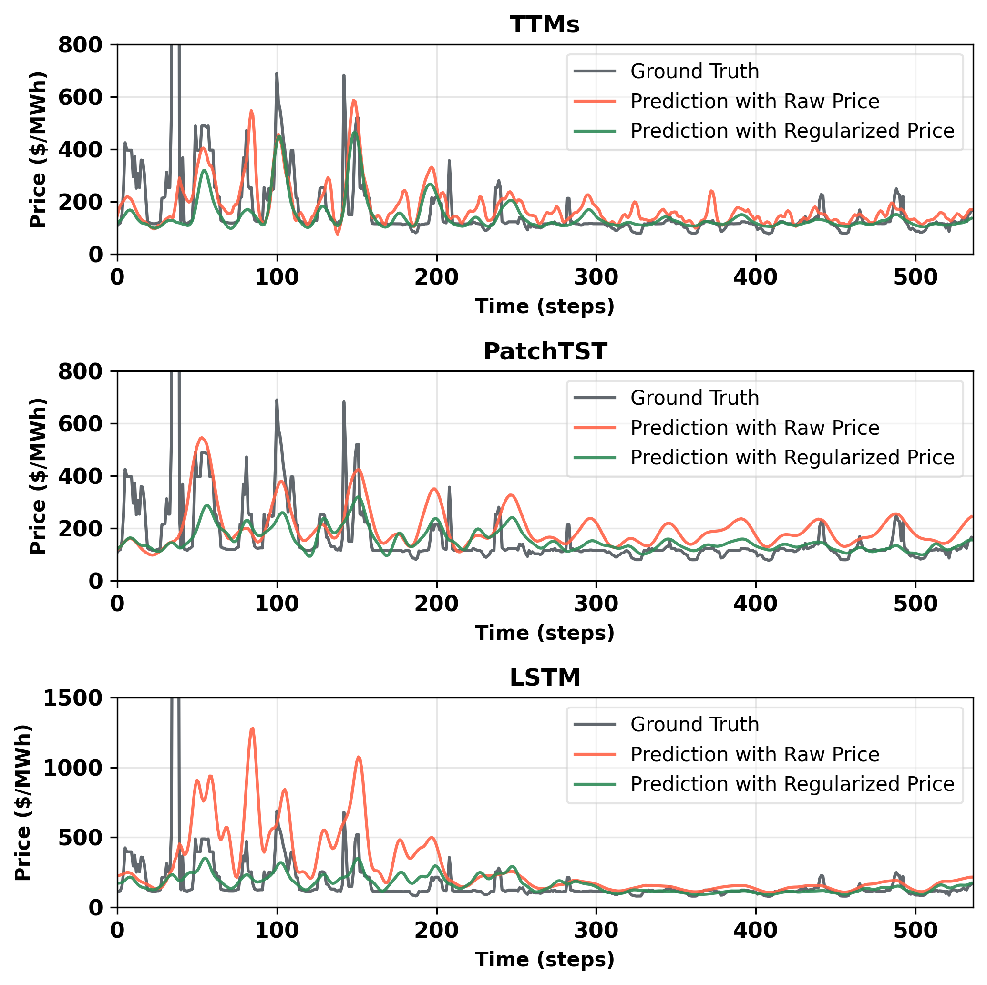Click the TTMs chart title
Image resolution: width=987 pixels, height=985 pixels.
pos(545,24)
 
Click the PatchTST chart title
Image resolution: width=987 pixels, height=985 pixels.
pos(545,351)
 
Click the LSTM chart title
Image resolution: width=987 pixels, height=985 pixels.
pos(545,678)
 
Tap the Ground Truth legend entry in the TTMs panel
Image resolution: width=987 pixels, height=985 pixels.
pos(694,72)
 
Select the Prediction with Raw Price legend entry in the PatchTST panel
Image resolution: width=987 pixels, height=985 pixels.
pos(754,428)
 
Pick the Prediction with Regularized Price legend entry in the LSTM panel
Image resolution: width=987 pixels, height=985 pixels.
pos(792,784)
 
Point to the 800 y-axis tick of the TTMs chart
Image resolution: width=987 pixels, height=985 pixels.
pos(80,45)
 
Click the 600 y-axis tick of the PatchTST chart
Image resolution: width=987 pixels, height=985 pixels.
pos(80,424)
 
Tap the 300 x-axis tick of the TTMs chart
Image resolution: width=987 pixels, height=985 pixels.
pos(596,277)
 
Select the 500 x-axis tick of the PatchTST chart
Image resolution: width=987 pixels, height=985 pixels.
pos(915,605)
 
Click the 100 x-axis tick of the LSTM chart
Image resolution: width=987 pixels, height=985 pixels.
pos(277,931)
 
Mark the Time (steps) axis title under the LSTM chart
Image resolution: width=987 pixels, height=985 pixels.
pos(545,959)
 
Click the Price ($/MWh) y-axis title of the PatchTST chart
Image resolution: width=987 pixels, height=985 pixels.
pos(38,476)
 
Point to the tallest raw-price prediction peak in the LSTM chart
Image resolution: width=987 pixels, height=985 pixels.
pos(252,729)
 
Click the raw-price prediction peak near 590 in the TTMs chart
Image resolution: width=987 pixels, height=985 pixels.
pos(354,101)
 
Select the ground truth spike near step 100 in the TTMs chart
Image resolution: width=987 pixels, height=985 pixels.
pos(277,74)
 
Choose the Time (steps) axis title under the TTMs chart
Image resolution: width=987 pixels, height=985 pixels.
pos(545,307)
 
